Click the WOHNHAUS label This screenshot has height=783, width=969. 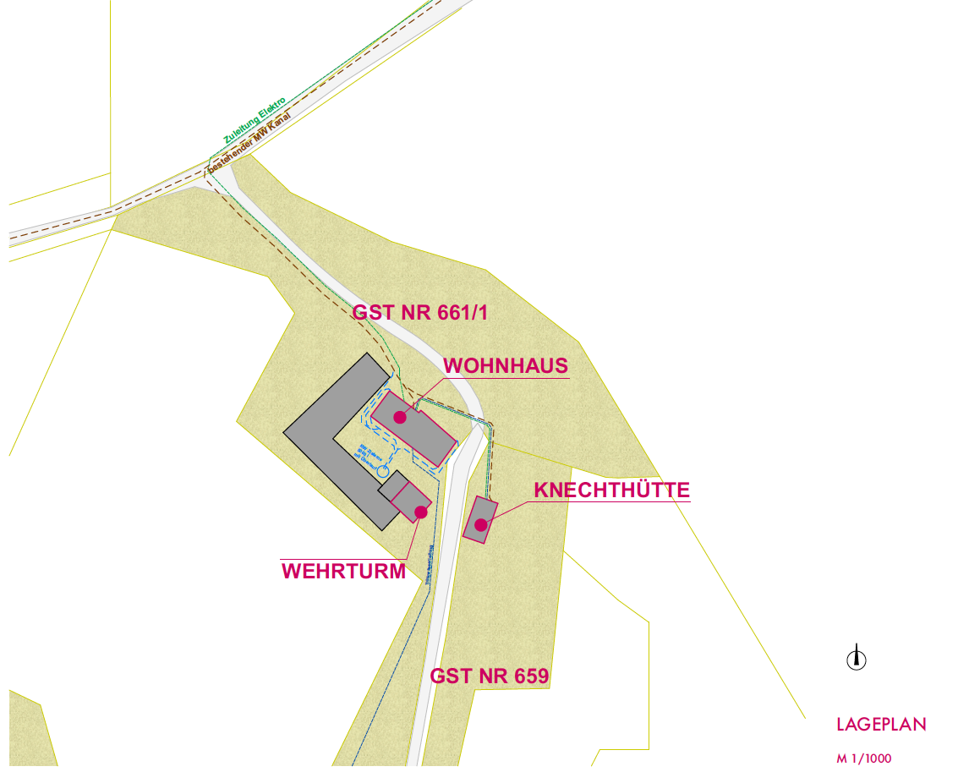pos(505,365)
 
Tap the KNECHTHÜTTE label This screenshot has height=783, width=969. pos(611,490)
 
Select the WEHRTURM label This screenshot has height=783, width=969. pos(343,571)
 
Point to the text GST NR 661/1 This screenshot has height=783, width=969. pos(420,312)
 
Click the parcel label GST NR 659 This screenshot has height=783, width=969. pos(490,676)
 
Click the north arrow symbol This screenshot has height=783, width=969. pos(857,658)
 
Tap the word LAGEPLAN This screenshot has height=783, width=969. pos(881,725)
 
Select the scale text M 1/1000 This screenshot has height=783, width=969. pos(864,758)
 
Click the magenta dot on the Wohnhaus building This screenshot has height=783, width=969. pos(400,417)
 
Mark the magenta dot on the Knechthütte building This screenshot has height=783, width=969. pos(480,524)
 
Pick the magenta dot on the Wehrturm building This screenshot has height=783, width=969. pos(420,512)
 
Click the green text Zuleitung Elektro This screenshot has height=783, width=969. pos(255,120)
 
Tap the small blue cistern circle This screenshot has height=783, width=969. pos(383,470)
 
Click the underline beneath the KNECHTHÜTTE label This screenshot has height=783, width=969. pos(611,502)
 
